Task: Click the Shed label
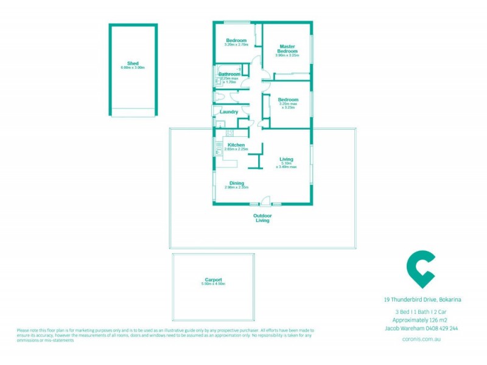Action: coord(133,63)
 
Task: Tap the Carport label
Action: coord(213,280)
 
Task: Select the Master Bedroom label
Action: coord(287,49)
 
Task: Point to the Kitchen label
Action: coord(236,145)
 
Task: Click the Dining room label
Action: coord(237,183)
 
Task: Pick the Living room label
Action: coord(286,159)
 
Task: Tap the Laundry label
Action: coord(229,112)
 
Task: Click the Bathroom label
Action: coord(229,74)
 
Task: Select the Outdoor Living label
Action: coord(263,218)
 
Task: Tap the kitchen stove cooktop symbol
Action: coord(229,133)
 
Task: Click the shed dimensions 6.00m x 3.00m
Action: coord(133,68)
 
